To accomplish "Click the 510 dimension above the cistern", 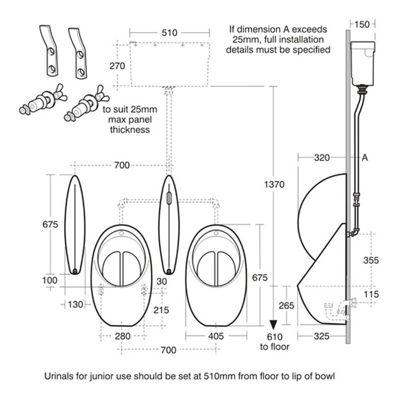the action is [169, 33].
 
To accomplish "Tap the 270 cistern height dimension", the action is [117, 66].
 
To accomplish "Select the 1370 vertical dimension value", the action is [275, 184].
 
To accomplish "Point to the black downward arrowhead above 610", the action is [273, 325].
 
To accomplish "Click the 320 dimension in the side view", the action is [322, 158].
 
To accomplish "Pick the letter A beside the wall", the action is [365, 158].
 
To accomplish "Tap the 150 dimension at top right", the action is [362, 24].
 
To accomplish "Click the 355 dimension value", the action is [371, 260].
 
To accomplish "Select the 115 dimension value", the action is [371, 294].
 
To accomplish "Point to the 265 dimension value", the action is [287, 305].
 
